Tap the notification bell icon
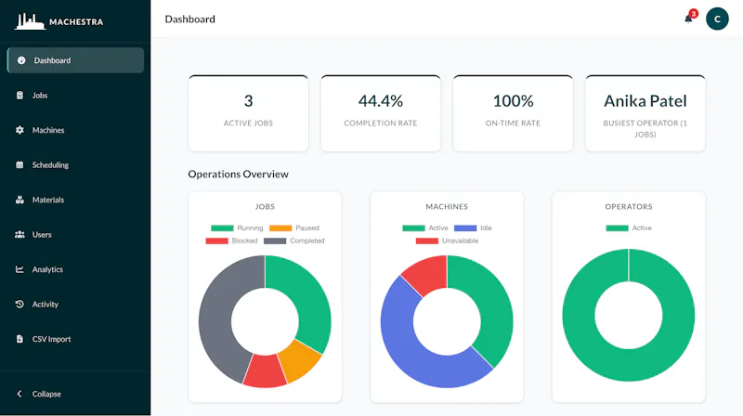[x=688, y=19]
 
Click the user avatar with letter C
[x=717, y=19]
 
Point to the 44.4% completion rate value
[x=381, y=101]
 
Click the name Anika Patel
[x=645, y=101]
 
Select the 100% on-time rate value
[x=513, y=101]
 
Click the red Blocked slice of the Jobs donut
[x=265, y=371]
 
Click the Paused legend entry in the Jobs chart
[x=294, y=227]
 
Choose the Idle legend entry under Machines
[x=473, y=227]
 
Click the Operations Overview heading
[x=239, y=174]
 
